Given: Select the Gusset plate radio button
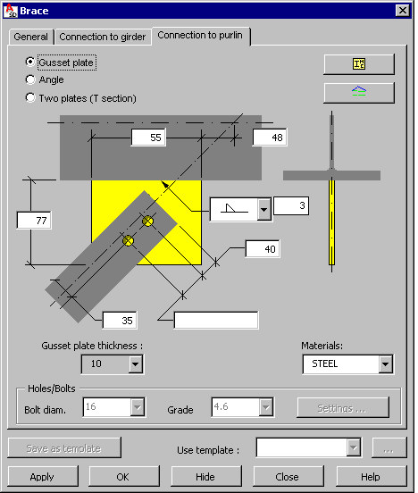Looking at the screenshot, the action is point(30,62).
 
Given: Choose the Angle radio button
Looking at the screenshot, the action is point(30,79).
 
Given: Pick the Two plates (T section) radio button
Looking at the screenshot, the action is point(30,97).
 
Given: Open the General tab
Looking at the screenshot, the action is point(31,37).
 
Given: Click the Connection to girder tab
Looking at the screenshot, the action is point(103,37).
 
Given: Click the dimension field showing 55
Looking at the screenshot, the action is point(148,138).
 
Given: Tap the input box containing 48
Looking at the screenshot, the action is point(270,138).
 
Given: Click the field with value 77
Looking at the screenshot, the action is point(34,220).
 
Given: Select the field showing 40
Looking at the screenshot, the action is point(263,249).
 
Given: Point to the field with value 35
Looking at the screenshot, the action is point(120,321).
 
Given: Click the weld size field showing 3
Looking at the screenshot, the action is point(291,205).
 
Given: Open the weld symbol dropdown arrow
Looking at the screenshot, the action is point(264,209).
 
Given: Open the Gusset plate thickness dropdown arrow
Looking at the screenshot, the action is point(135,364).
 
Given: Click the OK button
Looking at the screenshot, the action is point(124,477).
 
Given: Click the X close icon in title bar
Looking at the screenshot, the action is point(403,11).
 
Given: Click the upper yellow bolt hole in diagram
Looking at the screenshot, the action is point(148,221).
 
